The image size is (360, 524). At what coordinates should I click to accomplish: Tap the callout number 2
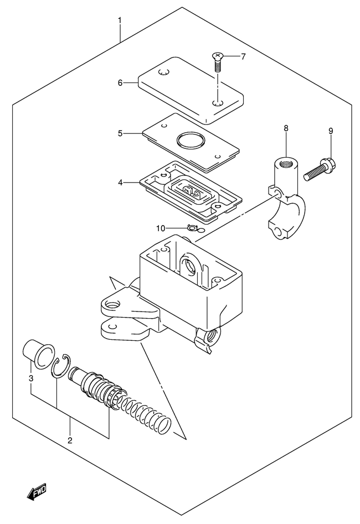click(70, 440)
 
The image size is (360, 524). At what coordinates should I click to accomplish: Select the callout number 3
click(31, 378)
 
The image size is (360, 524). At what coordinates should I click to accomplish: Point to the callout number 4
click(120, 183)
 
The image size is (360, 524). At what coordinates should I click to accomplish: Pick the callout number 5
click(120, 134)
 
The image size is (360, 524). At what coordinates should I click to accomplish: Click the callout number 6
click(120, 82)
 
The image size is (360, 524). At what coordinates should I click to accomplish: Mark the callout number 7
click(243, 56)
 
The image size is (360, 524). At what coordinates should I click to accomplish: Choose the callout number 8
click(286, 128)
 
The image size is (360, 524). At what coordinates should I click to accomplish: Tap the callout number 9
click(331, 131)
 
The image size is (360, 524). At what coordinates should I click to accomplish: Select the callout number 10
click(161, 229)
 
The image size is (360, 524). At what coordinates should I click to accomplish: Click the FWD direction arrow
click(37, 491)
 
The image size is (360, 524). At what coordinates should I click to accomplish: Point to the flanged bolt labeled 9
click(320, 170)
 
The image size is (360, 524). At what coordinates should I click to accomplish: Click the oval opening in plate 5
click(191, 141)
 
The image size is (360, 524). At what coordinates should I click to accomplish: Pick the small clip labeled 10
click(193, 229)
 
